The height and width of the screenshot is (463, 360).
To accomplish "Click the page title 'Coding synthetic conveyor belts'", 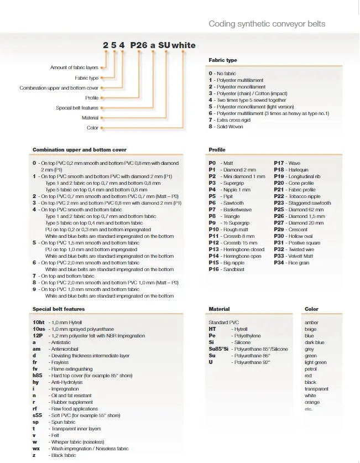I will pyautogui.click(x=267, y=24).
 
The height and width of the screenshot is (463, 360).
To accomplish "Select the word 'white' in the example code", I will pyautogui.click(x=184, y=45).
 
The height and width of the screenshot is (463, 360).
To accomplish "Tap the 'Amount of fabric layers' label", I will pyautogui.click(x=74, y=67).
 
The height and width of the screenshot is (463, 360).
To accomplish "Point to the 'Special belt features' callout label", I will pyautogui.click(x=77, y=108).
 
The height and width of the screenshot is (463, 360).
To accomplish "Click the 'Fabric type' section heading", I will pyautogui.click(x=223, y=60).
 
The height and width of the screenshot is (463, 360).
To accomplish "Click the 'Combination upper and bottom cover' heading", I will pyautogui.click(x=80, y=150).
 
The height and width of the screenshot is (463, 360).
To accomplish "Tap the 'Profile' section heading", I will pyautogui.click(x=217, y=150).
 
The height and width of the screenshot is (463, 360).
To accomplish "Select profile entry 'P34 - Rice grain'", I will pyautogui.click(x=291, y=263).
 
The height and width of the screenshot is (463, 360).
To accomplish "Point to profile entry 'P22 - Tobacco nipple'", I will pyautogui.click(x=297, y=196).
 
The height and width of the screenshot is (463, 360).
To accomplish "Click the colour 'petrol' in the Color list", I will pyautogui.click(x=311, y=369).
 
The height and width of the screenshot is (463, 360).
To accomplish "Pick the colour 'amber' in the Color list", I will pyautogui.click(x=311, y=322).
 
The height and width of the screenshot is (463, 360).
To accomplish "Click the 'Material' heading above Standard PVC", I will pyautogui.click(x=219, y=309).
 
